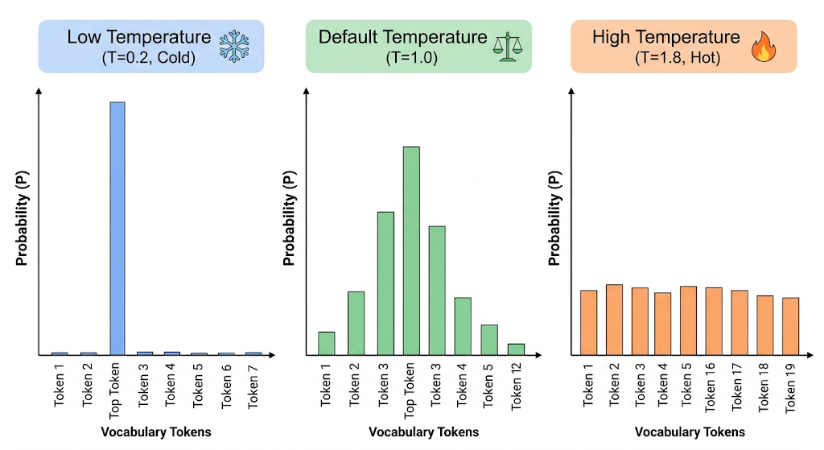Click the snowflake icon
click(x=234, y=46)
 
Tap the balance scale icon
click(x=508, y=47)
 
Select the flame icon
click(x=764, y=46)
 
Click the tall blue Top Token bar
click(x=117, y=229)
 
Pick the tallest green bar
click(x=411, y=250)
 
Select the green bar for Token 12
click(x=516, y=349)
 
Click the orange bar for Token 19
click(x=790, y=327)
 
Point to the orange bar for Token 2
click(x=614, y=320)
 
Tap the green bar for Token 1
click(x=327, y=343)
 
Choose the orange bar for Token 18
click(x=765, y=325)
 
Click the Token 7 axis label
click(x=253, y=386)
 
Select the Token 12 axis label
click(x=516, y=386)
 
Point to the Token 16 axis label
click(x=710, y=387)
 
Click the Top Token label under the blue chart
click(x=114, y=390)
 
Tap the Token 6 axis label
click(x=226, y=386)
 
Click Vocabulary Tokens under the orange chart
click(x=690, y=432)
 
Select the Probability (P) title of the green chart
click(x=289, y=218)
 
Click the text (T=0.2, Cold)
click(x=149, y=57)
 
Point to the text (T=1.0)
click(x=412, y=57)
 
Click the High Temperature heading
click(x=665, y=37)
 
